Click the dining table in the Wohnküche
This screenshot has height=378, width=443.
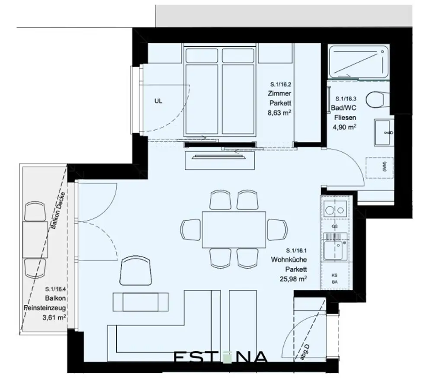pos(234,229)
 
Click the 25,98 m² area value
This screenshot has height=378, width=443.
pos(293,279)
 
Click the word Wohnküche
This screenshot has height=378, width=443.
pos(289,260)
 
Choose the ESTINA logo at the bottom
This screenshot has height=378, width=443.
pos(221,357)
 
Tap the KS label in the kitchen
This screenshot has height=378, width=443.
pos(334,275)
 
